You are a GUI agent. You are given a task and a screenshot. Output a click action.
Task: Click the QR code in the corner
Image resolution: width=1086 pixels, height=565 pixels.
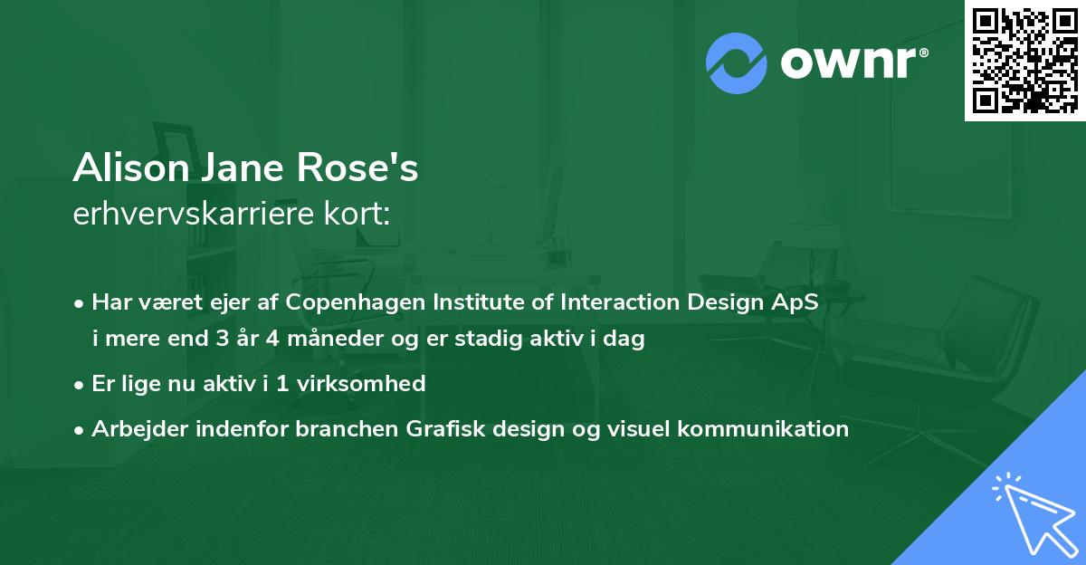point(1024,61)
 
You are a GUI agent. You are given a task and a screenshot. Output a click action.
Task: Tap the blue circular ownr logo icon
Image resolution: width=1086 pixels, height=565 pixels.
point(737,63)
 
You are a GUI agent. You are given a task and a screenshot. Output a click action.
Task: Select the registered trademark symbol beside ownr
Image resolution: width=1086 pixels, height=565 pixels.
point(923,53)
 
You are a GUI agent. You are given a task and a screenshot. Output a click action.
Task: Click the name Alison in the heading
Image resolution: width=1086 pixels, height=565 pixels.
point(131,168)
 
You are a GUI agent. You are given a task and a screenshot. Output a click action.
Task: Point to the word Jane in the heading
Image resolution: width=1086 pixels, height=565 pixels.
point(243,168)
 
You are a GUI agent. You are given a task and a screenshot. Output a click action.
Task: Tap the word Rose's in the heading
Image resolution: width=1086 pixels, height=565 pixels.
point(357,168)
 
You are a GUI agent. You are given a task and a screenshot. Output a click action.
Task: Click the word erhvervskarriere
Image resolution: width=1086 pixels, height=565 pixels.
point(194,214)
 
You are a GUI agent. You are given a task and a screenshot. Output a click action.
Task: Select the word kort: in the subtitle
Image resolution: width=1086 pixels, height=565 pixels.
point(357,214)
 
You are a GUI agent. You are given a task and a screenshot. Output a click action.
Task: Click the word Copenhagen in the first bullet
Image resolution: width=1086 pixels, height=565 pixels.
point(355,302)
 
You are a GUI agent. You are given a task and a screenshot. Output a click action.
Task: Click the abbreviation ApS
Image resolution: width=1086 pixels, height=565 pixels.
point(795,302)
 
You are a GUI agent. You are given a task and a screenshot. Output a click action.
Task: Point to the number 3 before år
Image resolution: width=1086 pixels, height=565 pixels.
point(223,338)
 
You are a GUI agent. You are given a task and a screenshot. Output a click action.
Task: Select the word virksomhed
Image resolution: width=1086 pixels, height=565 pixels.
point(361,384)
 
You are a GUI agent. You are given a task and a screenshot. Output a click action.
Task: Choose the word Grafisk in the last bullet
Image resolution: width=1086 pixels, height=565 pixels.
point(445,428)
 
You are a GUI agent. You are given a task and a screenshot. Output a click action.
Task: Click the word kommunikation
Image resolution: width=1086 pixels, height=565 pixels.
point(763,428)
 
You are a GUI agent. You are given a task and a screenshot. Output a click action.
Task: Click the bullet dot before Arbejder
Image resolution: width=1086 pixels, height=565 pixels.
point(79,430)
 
